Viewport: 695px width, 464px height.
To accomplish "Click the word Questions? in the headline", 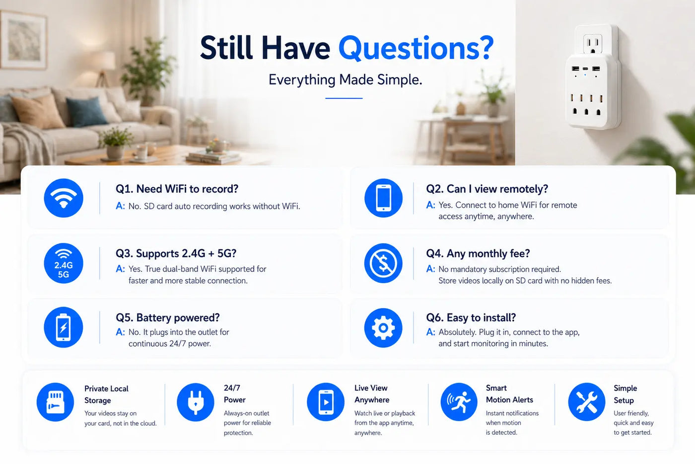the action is pyautogui.click(x=416, y=49).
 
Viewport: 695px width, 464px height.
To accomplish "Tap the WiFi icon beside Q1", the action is pyautogui.click(x=64, y=198).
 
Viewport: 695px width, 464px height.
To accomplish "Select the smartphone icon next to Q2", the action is pyautogui.click(x=383, y=198).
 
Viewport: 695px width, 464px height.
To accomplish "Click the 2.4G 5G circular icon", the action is pyautogui.click(x=64, y=263).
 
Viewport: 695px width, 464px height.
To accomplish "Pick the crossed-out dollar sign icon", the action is pyautogui.click(x=383, y=263).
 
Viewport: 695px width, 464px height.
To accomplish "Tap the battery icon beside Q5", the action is pyautogui.click(x=64, y=327).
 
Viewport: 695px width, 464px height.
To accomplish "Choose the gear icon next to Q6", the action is pyautogui.click(x=383, y=328).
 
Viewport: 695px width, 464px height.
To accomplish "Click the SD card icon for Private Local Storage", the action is pyautogui.click(x=55, y=402).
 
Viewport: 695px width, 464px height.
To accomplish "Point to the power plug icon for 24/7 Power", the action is pyautogui.click(x=196, y=402).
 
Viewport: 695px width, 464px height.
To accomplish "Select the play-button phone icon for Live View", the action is pyautogui.click(x=326, y=402).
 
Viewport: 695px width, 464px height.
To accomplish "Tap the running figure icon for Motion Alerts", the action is pyautogui.click(x=459, y=402).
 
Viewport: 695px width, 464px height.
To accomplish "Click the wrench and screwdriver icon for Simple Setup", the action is pyautogui.click(x=587, y=402).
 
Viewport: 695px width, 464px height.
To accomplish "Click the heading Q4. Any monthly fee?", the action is pyautogui.click(x=478, y=254).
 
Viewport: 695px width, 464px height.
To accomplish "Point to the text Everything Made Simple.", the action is pyautogui.click(x=346, y=80).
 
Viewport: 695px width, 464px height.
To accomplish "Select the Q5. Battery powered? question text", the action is pyautogui.click(x=168, y=318).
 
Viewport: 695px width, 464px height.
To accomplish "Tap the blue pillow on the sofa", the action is pyautogui.click(x=86, y=112).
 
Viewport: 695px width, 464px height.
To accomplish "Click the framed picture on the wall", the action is pyautogui.click(x=23, y=40).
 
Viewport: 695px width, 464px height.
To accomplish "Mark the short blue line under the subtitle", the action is pyautogui.click(x=344, y=98).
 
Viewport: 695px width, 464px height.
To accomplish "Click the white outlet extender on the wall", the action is pyautogui.click(x=593, y=77).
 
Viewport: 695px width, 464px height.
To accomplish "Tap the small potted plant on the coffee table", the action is pyautogui.click(x=115, y=143).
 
